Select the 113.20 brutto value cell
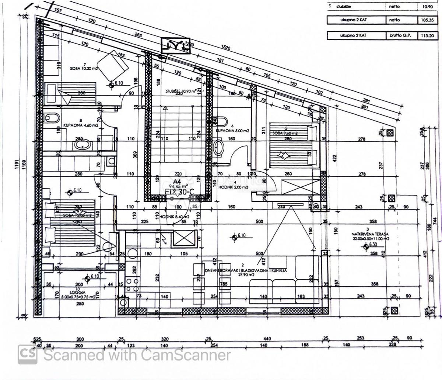click(x=422, y=36)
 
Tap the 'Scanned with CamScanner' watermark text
click(x=137, y=355)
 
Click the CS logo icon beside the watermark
click(x=28, y=354)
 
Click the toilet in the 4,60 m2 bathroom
click(x=52, y=118)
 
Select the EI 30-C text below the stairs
click(x=180, y=192)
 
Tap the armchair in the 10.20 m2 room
click(x=113, y=65)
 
